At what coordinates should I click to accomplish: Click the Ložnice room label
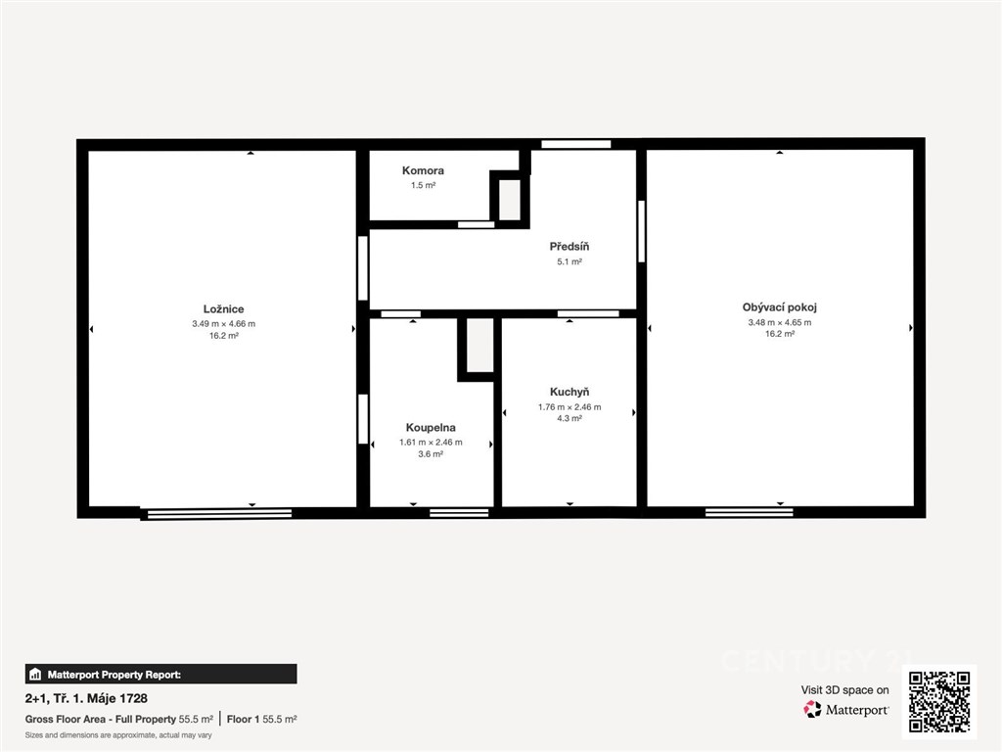pyautogui.click(x=224, y=309)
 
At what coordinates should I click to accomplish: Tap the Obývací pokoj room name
pyautogui.click(x=780, y=307)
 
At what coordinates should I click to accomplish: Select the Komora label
pyautogui.click(x=423, y=170)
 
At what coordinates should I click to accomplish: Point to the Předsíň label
pyautogui.click(x=569, y=246)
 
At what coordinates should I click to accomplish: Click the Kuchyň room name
pyautogui.click(x=569, y=392)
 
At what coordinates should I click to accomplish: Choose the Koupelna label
pyautogui.click(x=431, y=428)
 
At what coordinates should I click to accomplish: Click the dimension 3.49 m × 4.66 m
pyautogui.click(x=224, y=323)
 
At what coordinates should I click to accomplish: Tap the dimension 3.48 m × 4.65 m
pyautogui.click(x=780, y=322)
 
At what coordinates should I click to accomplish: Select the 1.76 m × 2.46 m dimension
pyautogui.click(x=569, y=406)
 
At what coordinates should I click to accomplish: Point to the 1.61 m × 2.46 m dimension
pyautogui.click(x=431, y=442)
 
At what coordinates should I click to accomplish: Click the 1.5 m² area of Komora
pyautogui.click(x=423, y=185)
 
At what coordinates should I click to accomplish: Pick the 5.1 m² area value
pyautogui.click(x=569, y=261)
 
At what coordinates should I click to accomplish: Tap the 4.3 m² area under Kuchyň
pyautogui.click(x=569, y=418)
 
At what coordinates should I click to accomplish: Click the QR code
pyautogui.click(x=939, y=701)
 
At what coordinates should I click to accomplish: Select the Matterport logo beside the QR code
pyautogui.click(x=845, y=709)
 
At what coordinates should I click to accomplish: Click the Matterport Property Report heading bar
pyautogui.click(x=161, y=674)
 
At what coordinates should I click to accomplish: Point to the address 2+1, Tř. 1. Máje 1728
pyautogui.click(x=86, y=698)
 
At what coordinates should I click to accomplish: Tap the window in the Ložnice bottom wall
pyautogui.click(x=216, y=513)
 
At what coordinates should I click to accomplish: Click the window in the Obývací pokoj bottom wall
pyautogui.click(x=749, y=512)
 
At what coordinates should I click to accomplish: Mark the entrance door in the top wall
pyautogui.click(x=575, y=144)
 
